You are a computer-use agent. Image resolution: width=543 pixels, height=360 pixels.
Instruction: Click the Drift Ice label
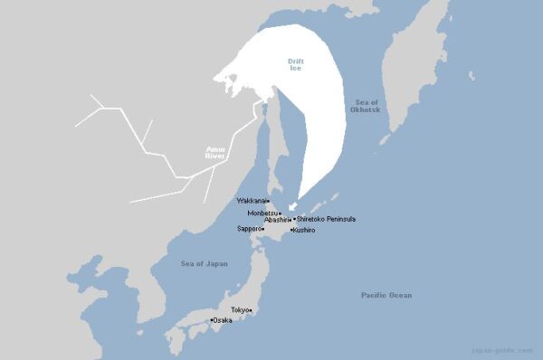(x=295, y=65)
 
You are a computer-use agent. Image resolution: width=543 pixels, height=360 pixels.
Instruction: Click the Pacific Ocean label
(x=386, y=295)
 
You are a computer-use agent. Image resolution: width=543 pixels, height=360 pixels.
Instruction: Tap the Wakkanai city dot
(x=268, y=201)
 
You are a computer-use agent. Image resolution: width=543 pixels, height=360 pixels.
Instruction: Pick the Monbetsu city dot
(x=281, y=213)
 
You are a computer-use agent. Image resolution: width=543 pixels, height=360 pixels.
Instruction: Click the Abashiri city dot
(x=291, y=220)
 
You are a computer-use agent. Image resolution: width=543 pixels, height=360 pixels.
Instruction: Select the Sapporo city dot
(x=263, y=229)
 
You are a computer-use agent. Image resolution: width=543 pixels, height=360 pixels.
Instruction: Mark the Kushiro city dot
(x=291, y=231)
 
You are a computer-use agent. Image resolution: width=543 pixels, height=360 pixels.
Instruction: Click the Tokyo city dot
(x=251, y=310)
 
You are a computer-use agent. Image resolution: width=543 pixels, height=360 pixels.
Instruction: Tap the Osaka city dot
(x=212, y=320)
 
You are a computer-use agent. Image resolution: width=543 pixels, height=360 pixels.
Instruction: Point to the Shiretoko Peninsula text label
(x=327, y=220)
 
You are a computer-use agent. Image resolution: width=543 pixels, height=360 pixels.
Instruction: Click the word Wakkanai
(x=251, y=201)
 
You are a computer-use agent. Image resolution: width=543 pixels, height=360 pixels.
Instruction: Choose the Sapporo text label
(x=249, y=229)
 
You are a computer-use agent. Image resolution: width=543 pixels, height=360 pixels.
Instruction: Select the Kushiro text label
(x=303, y=231)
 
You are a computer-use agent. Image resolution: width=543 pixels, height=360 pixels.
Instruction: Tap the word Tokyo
(x=239, y=310)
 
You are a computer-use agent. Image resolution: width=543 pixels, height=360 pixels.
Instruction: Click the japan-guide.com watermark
(x=510, y=349)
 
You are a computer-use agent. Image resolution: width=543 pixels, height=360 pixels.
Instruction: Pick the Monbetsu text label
(x=262, y=213)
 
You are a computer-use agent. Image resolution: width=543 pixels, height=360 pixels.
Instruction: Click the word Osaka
(x=223, y=320)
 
